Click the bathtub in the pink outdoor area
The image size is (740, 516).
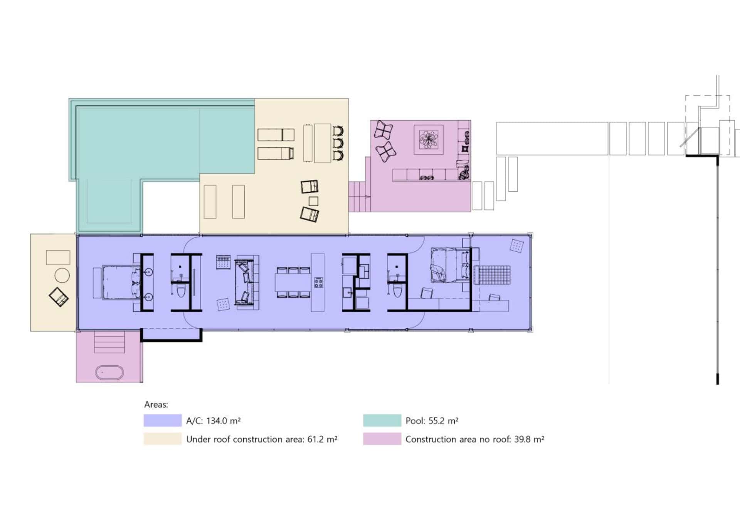coord(109,373)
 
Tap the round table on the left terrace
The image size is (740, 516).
coord(62,275)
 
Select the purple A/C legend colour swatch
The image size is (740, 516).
coord(162,420)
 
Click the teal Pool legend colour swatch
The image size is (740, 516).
coord(382,420)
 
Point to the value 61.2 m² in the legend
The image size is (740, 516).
coord(322,439)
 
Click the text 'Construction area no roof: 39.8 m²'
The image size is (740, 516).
coord(474,439)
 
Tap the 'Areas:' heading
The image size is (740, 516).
coord(156,405)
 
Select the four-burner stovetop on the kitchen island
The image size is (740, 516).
coord(318,282)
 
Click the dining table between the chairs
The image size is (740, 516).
coord(293,282)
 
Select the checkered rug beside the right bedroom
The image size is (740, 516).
coord(492,275)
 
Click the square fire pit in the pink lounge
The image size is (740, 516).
coord(429,139)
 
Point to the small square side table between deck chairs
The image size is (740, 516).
coord(313,201)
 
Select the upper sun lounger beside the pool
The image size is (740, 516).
coord(276,135)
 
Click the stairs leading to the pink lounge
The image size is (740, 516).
coord(360,197)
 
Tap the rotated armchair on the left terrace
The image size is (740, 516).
coord(59,297)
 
